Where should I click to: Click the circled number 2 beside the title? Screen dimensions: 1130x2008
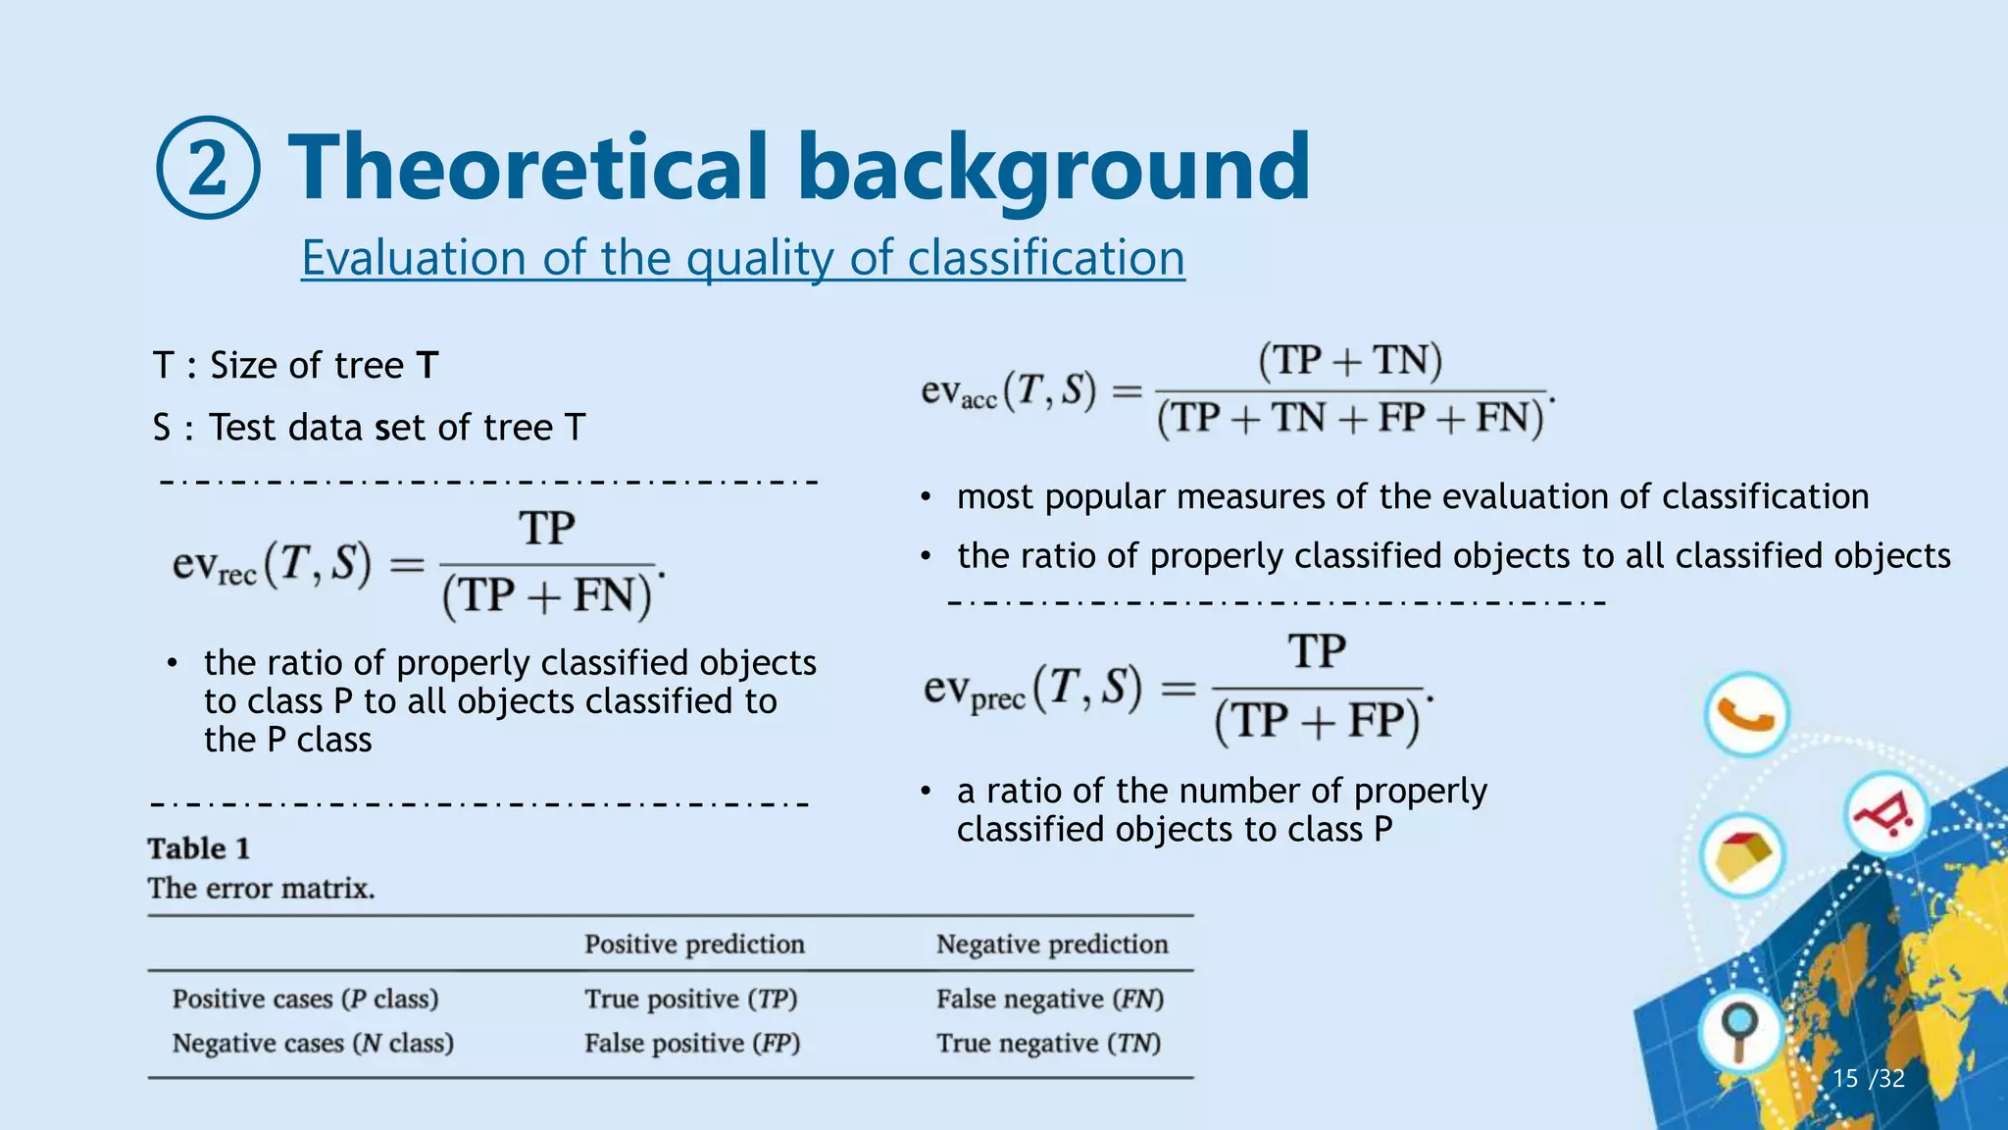tap(208, 168)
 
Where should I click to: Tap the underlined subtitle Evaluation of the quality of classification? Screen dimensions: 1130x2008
tap(742, 258)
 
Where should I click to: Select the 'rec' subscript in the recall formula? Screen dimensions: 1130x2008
tap(236, 576)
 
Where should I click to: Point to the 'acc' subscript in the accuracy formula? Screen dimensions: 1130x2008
tap(979, 400)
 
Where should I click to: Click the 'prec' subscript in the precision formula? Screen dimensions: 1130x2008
tap(998, 700)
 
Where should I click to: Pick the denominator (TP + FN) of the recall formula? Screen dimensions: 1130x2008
tap(546, 596)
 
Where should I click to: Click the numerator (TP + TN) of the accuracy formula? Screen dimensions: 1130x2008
tap(1350, 361)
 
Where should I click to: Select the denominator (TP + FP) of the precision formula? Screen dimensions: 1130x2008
tap(1317, 721)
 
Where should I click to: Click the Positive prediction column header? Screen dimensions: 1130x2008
tap(694, 945)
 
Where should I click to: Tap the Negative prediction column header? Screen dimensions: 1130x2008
tap(1052, 945)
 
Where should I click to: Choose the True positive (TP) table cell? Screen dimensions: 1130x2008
tap(691, 1000)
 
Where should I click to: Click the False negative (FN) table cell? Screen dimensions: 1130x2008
tap(1050, 1000)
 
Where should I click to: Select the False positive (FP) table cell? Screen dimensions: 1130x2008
tap(692, 1044)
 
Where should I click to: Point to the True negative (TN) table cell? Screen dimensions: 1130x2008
tap(1048, 1044)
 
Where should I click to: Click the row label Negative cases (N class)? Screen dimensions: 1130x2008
tap(313, 1044)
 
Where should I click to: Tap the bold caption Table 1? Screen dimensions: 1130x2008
tap(199, 848)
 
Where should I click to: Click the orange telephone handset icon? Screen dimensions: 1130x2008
tap(1746, 715)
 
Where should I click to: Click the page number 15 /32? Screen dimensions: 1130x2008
tap(1868, 1079)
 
